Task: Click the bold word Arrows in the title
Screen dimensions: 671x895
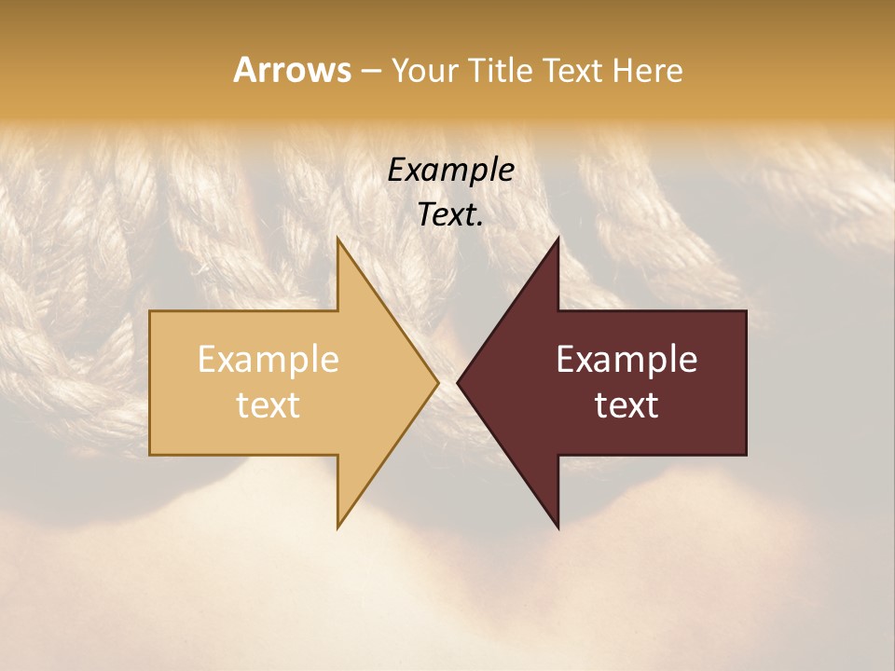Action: click(x=292, y=70)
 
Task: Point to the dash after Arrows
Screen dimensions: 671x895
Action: click(x=370, y=71)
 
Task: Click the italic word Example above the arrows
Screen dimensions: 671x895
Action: click(x=450, y=171)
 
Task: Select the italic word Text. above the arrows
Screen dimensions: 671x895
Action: click(x=450, y=214)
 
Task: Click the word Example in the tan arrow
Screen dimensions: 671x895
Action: click(x=268, y=360)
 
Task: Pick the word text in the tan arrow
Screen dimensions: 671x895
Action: click(x=268, y=404)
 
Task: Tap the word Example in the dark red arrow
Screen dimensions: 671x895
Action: click(x=626, y=360)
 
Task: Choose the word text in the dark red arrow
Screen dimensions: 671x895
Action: click(x=626, y=404)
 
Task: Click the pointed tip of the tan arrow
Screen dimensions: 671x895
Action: click(x=438, y=383)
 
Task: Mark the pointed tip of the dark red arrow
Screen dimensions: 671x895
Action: click(x=458, y=383)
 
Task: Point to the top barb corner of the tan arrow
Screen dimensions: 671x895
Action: click(x=337, y=238)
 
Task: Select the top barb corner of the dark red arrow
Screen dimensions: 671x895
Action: click(x=558, y=238)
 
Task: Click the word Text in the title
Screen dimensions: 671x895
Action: click(x=571, y=70)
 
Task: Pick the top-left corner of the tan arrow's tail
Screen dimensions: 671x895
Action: click(x=150, y=311)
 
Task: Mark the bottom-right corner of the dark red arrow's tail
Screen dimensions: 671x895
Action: click(x=746, y=455)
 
